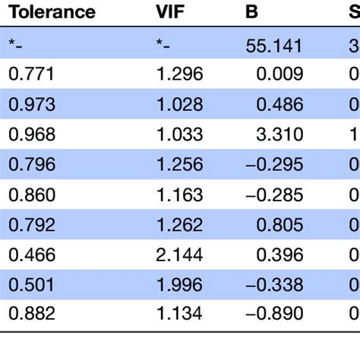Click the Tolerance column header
(x=52, y=13)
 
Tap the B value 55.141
(x=274, y=45)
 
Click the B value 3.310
(x=280, y=134)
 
